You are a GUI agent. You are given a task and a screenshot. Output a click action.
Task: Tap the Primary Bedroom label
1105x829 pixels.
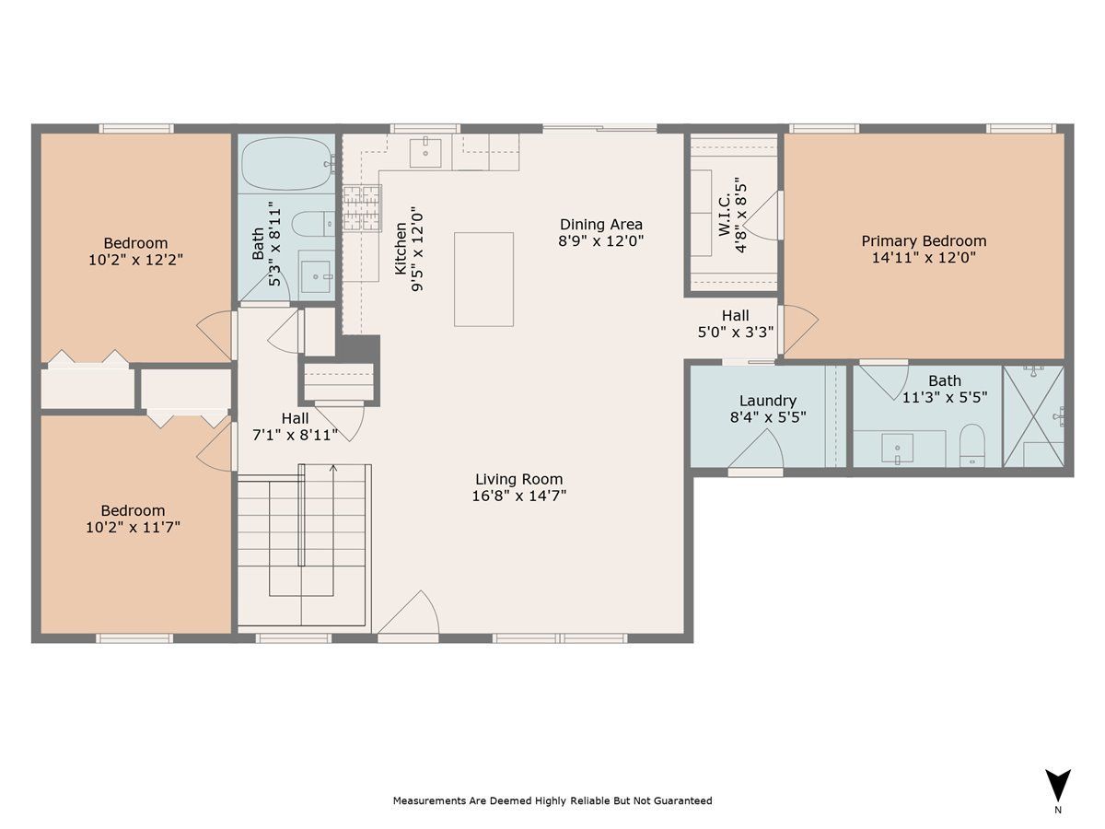pos(924,241)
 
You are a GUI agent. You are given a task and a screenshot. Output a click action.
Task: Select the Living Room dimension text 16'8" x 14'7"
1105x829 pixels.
pos(518,496)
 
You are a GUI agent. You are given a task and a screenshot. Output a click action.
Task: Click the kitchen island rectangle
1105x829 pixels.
pos(483,279)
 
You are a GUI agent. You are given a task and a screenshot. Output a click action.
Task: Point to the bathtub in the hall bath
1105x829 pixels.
pos(287,164)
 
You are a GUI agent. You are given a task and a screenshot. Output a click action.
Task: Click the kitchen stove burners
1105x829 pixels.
pos(362,207)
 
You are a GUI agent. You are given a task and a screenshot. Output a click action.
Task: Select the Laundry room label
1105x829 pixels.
pos(768,401)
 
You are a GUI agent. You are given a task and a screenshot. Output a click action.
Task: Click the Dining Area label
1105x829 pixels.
pos(601,225)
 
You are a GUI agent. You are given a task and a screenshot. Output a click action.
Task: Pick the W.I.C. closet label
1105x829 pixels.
pos(724,216)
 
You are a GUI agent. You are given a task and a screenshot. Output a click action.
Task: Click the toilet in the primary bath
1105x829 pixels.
pos(971,445)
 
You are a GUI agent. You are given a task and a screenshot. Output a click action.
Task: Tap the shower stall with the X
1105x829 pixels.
pos(1033,416)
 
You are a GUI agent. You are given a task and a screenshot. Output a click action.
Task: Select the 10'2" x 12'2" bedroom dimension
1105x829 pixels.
pos(135,260)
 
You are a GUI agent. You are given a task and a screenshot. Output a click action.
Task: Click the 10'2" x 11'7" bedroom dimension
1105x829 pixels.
pos(133,527)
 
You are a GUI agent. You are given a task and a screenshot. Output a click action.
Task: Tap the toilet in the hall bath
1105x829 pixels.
pos(313,224)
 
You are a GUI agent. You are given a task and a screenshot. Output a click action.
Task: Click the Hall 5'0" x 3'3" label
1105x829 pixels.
pos(736,323)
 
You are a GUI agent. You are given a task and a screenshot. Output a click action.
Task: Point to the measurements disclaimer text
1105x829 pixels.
pos(552,800)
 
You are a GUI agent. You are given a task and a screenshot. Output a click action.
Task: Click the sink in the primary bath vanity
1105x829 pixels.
pos(897,448)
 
